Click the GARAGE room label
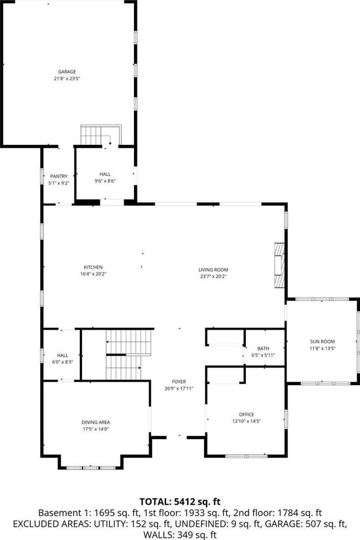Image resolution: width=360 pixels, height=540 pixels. coord(67,72)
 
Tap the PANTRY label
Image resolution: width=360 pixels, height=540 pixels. coord(59,176)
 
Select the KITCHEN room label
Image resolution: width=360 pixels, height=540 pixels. coord(93,267)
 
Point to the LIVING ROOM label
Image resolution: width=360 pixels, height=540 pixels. coord(213,270)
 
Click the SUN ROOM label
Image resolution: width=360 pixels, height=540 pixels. coord(322,342)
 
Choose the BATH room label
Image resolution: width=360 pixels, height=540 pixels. coord(263,348)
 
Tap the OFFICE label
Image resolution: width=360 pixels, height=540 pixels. coord(247,415)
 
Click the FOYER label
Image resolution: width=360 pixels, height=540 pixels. coord(179,382)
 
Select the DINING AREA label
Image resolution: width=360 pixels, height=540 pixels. coord(96,422)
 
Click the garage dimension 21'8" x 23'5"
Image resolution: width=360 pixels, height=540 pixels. coord(67,78)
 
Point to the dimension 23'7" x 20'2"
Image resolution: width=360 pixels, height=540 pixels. coord(213,277)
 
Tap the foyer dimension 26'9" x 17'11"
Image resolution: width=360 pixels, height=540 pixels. coord(179,389)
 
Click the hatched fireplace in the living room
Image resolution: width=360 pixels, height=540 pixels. coord(279,265)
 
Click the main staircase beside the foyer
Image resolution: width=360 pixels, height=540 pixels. coord(129,355)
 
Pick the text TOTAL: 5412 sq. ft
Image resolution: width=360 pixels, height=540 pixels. coord(180,501)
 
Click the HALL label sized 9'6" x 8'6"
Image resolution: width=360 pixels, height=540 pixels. coord(105,174)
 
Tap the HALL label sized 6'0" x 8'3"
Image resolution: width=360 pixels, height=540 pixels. coord(63,356)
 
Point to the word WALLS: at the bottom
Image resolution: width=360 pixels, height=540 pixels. coord(159,535)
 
